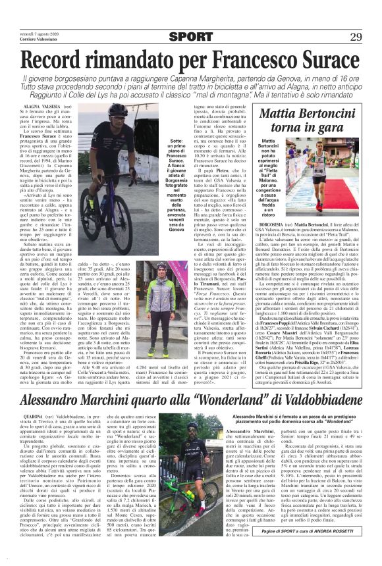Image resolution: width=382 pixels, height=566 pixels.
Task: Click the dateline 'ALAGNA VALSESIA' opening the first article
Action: pyautogui.click(x=42, y=105)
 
